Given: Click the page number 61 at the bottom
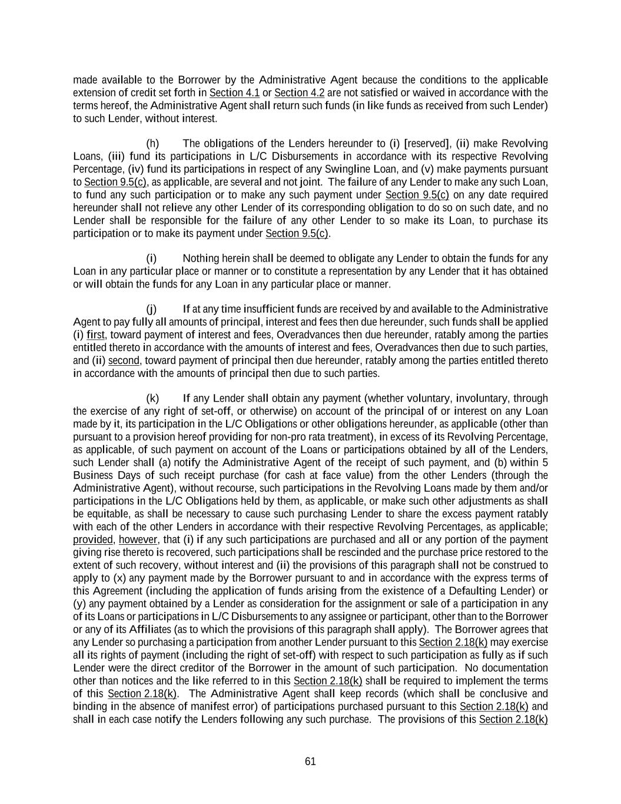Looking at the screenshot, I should click(x=310, y=762).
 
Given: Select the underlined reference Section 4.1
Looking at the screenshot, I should click(x=234, y=93).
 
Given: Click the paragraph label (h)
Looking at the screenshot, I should click(x=152, y=144).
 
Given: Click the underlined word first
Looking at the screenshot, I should click(x=95, y=335).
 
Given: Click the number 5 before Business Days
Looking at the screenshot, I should click(x=545, y=463).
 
